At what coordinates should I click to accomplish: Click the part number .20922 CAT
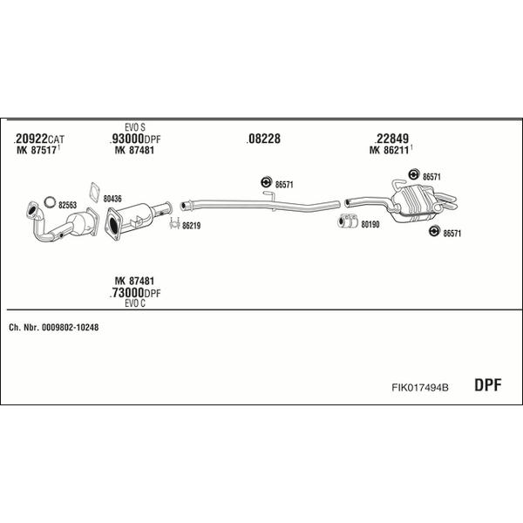click(x=38, y=139)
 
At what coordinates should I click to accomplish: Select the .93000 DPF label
click(x=135, y=139)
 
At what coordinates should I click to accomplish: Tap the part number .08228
click(x=263, y=139)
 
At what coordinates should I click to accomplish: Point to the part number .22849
click(x=391, y=139)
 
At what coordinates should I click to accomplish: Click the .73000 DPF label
click(x=135, y=293)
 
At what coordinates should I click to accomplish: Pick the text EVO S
click(x=135, y=127)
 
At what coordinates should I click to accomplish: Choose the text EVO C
click(x=135, y=303)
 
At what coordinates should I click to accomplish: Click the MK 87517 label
click(x=38, y=150)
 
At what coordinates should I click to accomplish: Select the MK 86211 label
click(x=391, y=150)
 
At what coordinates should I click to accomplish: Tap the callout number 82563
click(x=67, y=205)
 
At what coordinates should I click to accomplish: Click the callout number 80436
click(x=112, y=199)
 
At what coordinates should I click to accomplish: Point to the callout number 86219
click(x=191, y=226)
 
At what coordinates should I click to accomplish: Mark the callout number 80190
click(x=370, y=225)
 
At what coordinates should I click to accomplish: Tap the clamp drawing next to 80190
click(x=348, y=221)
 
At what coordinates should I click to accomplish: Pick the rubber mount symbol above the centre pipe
click(x=266, y=182)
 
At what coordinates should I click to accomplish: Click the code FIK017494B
click(x=420, y=387)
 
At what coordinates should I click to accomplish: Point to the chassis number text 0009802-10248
click(x=70, y=328)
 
